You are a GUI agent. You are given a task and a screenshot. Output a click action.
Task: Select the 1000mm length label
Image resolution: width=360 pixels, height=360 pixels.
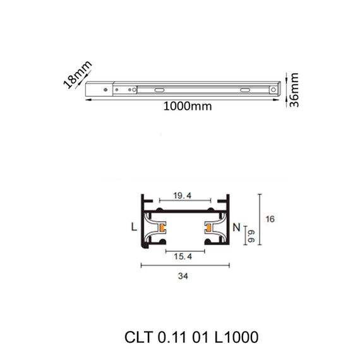[x=187, y=106]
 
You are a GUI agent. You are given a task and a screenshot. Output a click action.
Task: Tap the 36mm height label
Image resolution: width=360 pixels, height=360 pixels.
[x=294, y=90]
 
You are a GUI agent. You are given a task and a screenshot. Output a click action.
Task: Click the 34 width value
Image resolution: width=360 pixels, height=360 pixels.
[x=184, y=275]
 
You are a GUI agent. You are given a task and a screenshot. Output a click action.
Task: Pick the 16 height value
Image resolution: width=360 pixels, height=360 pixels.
[x=270, y=219]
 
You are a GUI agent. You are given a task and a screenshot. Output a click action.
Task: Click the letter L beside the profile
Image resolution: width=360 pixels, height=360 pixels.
[x=133, y=226]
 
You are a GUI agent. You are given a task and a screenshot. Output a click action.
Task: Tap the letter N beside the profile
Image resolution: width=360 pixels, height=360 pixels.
[x=236, y=226]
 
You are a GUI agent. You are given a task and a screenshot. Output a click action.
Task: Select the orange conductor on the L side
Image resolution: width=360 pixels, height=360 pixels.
[x=162, y=226]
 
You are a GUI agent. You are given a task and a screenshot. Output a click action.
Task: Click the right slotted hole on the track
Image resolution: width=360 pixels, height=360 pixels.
[x=244, y=90]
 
